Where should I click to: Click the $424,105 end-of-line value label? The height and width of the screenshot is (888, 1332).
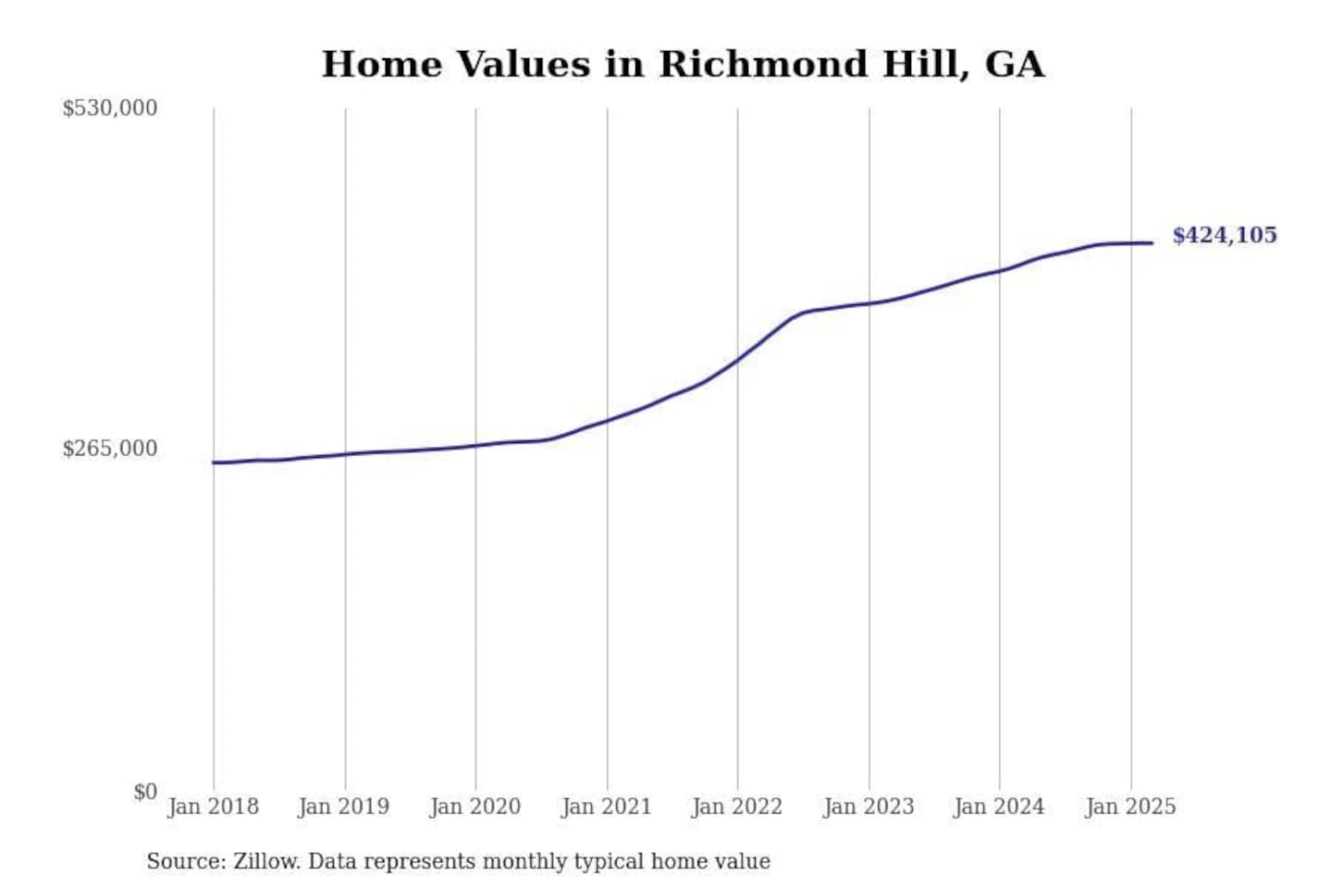pos(1224,235)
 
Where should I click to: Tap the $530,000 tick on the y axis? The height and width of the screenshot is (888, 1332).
pos(109,108)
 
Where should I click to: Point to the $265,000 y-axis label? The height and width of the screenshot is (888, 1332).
pos(109,449)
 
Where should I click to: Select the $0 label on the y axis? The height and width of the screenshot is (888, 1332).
pos(144,792)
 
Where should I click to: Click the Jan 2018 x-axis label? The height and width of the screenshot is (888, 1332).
pos(213,807)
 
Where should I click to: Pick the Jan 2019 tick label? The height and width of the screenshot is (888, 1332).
pos(344,807)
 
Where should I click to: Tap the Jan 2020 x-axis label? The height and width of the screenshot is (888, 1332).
pos(475,807)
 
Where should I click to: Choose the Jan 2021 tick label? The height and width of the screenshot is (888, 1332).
pos(607,807)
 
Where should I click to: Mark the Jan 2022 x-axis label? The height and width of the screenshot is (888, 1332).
pos(737,807)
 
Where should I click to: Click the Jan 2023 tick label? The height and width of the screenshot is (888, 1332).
pos(869,807)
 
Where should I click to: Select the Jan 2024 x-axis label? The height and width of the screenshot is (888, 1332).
pos(999,807)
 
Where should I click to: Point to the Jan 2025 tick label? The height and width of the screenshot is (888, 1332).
pos(1130,807)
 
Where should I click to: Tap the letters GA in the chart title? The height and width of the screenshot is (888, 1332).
pos(1015,65)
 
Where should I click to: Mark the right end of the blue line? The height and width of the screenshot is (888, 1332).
pos(1153,243)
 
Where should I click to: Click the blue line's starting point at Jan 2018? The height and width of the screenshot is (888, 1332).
pos(214,462)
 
